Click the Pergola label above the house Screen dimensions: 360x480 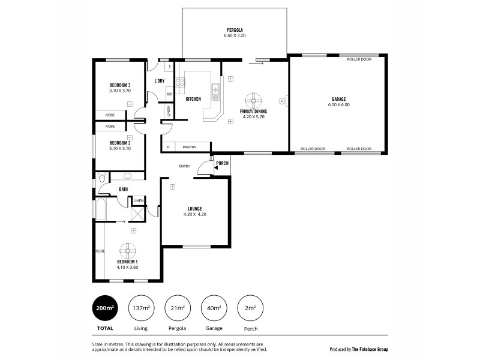point(235,30)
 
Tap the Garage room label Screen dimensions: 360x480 point(338,99)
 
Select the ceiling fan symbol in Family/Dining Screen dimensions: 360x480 point(253,100)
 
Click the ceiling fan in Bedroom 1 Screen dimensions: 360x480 point(127,250)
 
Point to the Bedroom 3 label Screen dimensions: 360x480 point(119,85)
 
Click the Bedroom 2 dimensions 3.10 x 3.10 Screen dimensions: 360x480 point(119,148)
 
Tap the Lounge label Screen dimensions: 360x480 point(194,208)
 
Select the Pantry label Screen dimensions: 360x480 point(190,146)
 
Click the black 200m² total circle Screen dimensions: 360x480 point(104,308)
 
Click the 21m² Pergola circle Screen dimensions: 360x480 point(176,308)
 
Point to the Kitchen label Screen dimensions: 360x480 point(193,98)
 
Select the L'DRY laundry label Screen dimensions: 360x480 point(159,81)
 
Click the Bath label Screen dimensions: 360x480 point(123,190)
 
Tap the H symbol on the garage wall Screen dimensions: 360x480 point(289,101)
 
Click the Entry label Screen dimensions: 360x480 point(184,166)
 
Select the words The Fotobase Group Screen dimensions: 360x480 point(370,349)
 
